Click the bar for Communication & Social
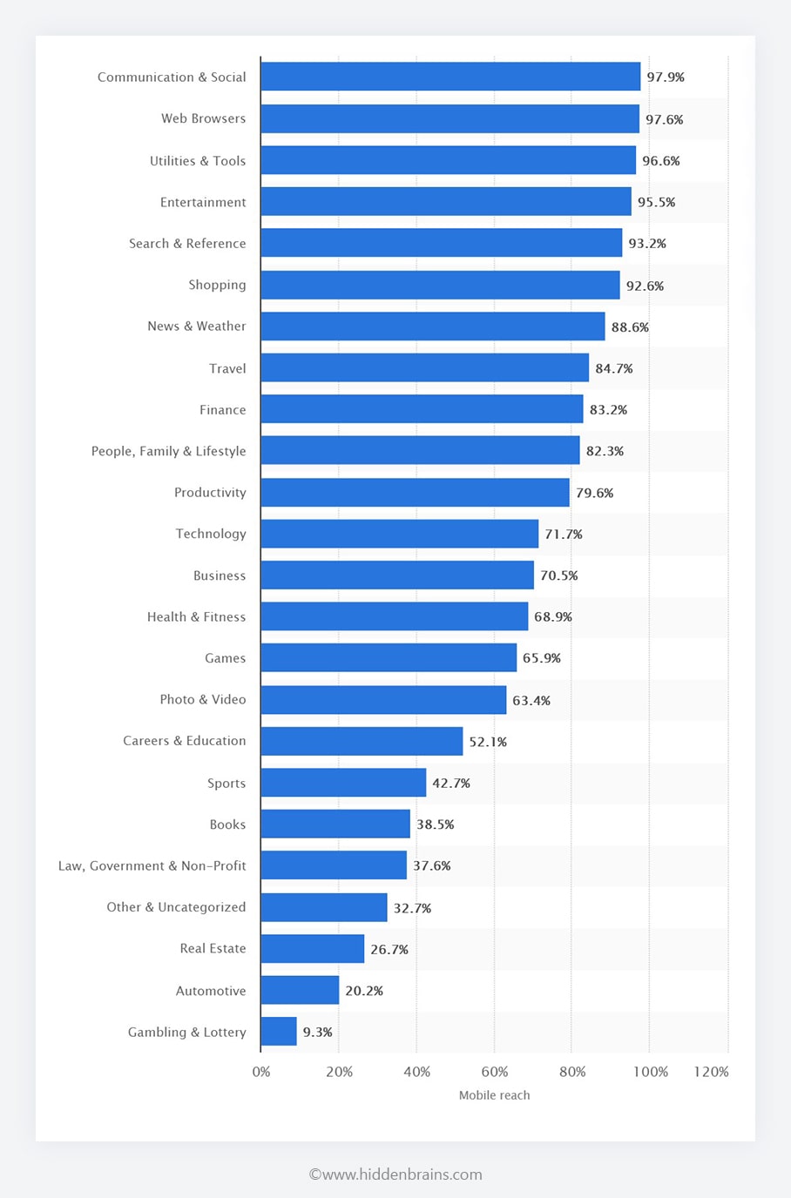click(450, 77)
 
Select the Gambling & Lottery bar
click(279, 1032)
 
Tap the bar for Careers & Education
click(362, 741)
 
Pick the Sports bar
click(343, 783)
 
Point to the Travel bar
click(424, 368)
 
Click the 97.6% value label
click(664, 119)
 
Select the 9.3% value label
click(317, 1033)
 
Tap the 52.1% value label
click(488, 742)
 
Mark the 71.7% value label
click(564, 535)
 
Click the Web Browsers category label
click(203, 118)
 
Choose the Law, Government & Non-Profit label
click(152, 865)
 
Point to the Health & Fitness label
click(196, 616)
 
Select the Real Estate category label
click(213, 948)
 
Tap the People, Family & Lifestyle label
click(168, 451)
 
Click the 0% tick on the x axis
click(261, 1072)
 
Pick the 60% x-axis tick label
click(494, 1072)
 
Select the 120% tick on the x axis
click(711, 1072)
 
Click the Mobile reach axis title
click(494, 1095)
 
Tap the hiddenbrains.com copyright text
click(395, 1174)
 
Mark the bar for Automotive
click(300, 990)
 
